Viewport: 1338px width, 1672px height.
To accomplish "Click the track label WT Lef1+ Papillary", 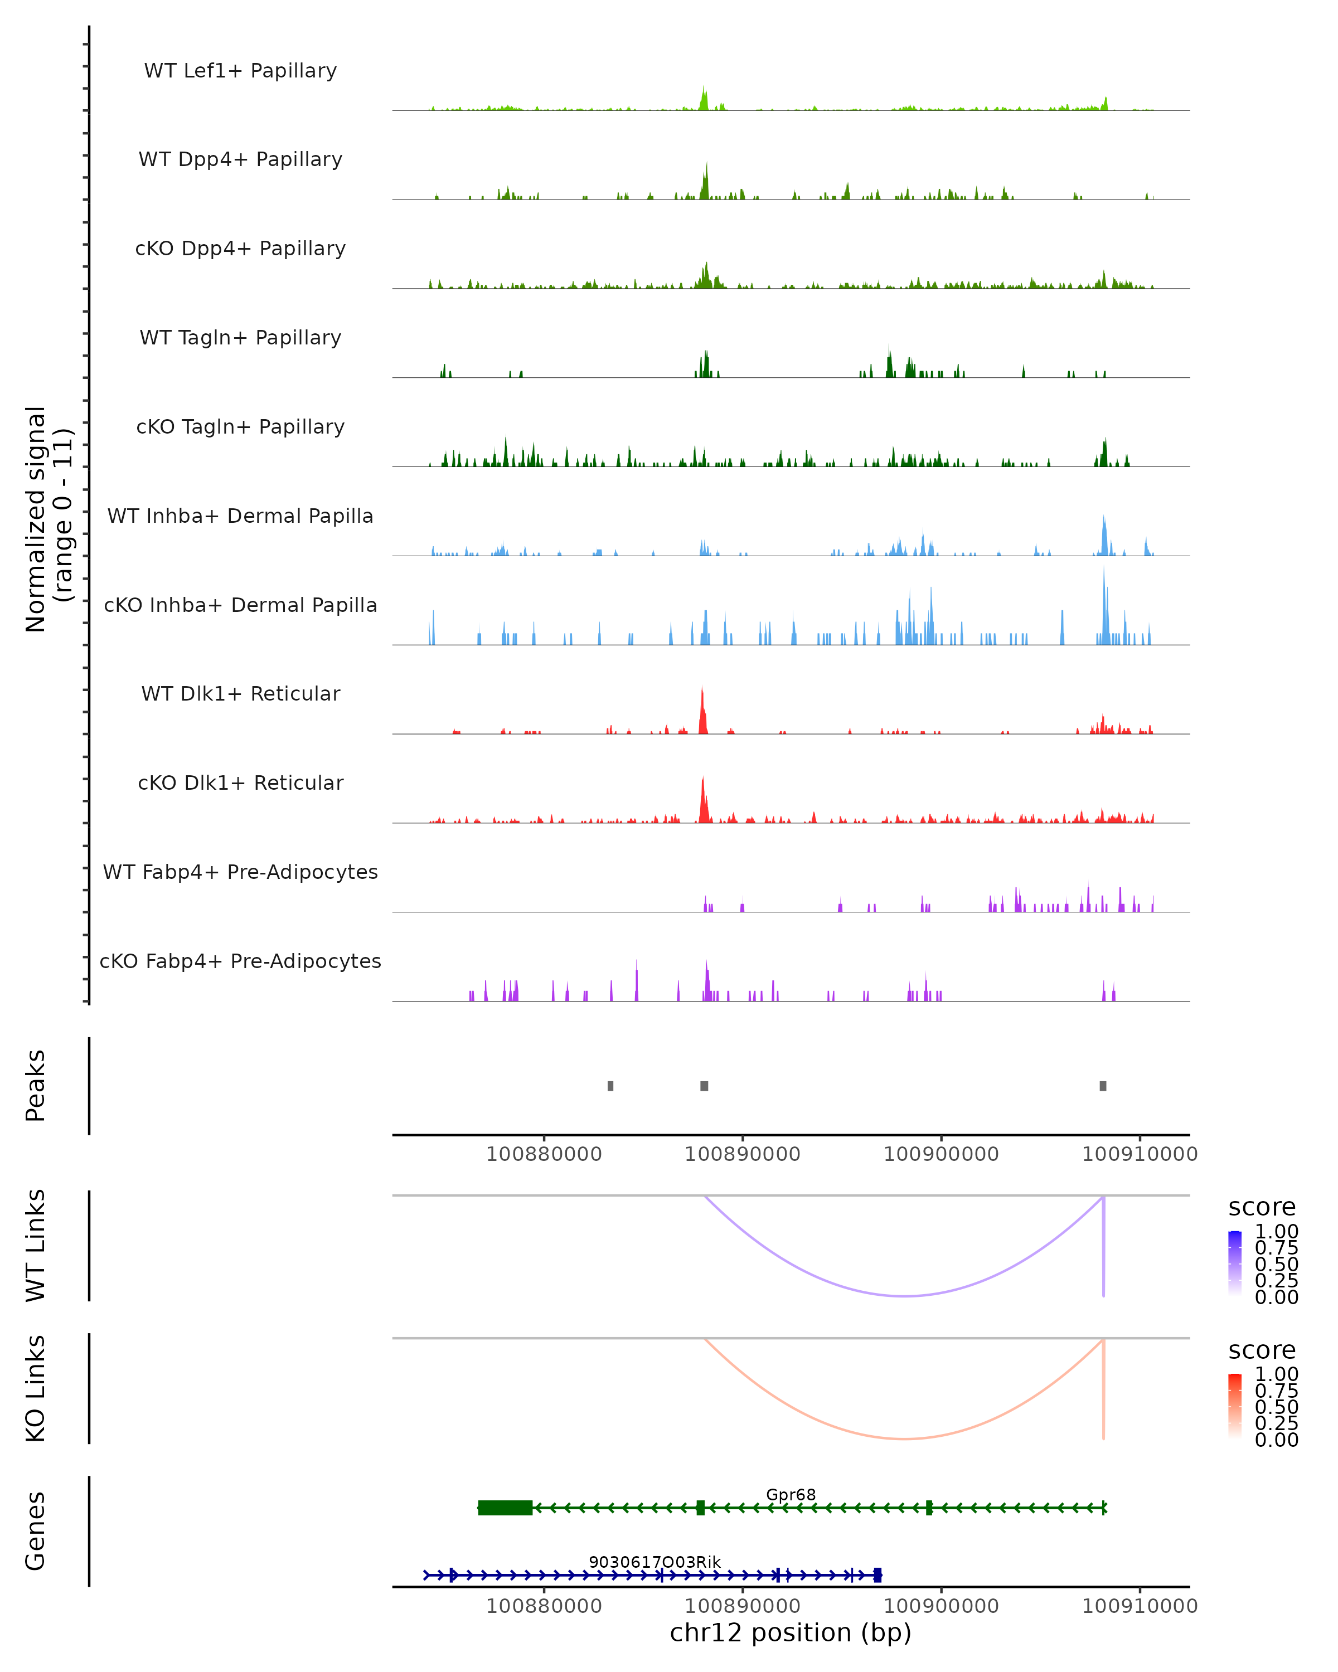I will (x=240, y=71).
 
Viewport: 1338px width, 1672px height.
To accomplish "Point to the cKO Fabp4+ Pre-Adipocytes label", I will (x=240, y=961).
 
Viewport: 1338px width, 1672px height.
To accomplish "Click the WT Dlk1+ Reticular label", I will (x=240, y=693).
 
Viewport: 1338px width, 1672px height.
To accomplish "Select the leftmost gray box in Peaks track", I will (x=610, y=1086).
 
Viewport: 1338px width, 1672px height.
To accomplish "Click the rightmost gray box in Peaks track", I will (x=1103, y=1086).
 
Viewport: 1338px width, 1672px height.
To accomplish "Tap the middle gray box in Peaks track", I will (x=704, y=1086).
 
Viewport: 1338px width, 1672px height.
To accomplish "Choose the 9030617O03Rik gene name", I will (x=655, y=1562).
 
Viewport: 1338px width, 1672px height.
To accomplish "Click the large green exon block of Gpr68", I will (x=505, y=1508).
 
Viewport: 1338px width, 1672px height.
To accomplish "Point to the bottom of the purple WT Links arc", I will (x=904, y=1296).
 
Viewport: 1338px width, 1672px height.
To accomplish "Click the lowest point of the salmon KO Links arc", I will (x=904, y=1438).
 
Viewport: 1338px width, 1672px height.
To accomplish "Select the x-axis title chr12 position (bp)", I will (x=791, y=1632).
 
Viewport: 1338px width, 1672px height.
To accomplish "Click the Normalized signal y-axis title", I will (x=48, y=519).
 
